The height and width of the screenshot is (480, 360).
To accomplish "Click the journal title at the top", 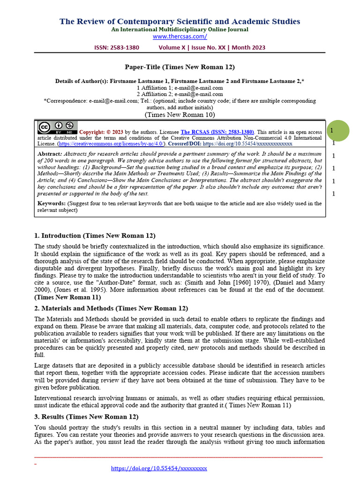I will (x=180, y=21).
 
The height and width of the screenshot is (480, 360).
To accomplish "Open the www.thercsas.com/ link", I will (x=180, y=36).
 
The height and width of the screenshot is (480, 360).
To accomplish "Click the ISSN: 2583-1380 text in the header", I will (x=116, y=47).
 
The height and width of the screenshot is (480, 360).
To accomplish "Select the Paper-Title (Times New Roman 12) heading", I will (x=180, y=67).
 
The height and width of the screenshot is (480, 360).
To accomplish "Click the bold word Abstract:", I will (x=49, y=154).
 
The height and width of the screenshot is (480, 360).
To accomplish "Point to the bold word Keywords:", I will (x=52, y=203).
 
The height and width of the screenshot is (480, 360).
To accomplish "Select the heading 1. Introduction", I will (x=95, y=235).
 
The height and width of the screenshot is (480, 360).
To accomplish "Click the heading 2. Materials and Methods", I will (x=111, y=308).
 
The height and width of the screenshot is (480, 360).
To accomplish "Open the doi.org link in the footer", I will (x=159, y=468).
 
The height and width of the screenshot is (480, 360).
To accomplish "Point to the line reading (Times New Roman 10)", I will (x=180, y=114).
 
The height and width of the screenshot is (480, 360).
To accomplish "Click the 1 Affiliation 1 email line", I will (x=180, y=88).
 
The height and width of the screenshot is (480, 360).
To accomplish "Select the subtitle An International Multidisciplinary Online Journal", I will (x=180, y=29).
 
